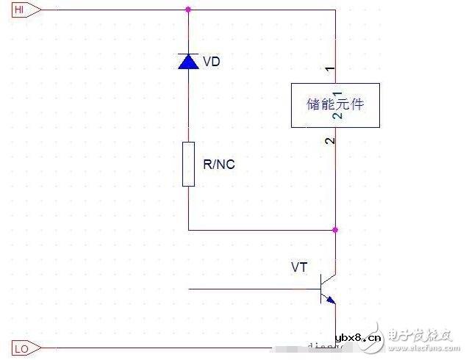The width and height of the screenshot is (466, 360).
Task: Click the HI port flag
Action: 23,10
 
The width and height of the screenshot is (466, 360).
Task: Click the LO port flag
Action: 22,349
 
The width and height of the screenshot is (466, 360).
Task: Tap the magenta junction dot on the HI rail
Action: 189,10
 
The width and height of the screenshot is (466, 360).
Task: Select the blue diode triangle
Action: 189,62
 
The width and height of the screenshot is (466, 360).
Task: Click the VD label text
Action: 211,62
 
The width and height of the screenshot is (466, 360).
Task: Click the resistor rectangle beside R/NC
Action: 189,164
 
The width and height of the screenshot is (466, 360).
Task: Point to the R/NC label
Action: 219,164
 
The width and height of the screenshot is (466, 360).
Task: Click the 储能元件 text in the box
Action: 334,104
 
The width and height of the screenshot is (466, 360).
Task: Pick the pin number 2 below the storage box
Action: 330,140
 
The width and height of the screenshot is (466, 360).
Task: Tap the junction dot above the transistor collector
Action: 335,230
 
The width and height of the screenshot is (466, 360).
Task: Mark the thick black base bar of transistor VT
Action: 321,289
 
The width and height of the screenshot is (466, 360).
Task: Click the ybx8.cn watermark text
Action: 358,339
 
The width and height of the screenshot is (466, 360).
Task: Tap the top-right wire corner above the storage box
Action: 335,10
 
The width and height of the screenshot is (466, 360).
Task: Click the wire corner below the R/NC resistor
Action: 189,230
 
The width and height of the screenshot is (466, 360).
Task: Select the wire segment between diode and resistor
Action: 189,107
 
